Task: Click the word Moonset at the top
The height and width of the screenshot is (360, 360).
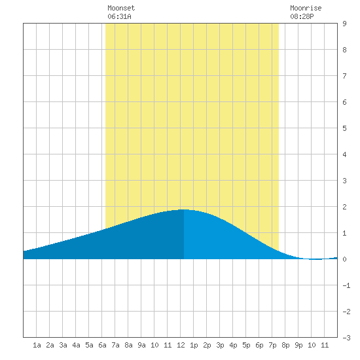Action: (x=121, y=9)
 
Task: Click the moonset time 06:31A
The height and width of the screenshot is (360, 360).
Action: (x=119, y=16)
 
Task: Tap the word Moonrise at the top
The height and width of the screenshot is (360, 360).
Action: (x=306, y=9)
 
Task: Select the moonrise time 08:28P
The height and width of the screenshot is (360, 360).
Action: (x=302, y=16)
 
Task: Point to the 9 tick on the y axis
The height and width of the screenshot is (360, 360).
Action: (x=344, y=24)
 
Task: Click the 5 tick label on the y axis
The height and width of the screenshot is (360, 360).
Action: (x=344, y=128)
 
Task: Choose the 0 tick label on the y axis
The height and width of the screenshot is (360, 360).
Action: (x=344, y=259)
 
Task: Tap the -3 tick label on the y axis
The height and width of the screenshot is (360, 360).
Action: (x=346, y=338)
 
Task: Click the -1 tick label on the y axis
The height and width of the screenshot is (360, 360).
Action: (x=346, y=285)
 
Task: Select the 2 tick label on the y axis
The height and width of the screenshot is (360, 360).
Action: (x=344, y=207)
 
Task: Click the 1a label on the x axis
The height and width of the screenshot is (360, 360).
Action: (x=37, y=345)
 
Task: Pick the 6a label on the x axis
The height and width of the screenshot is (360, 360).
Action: (x=102, y=345)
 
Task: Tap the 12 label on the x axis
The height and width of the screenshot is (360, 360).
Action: (x=181, y=345)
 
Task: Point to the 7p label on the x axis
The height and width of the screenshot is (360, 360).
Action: (x=272, y=345)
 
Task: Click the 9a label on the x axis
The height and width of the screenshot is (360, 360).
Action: (x=141, y=345)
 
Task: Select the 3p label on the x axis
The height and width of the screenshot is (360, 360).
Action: (x=220, y=345)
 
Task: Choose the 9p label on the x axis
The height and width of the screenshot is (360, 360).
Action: (x=298, y=345)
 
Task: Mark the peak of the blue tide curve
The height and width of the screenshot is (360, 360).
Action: (x=183, y=209)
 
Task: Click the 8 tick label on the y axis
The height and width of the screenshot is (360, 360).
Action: (x=344, y=50)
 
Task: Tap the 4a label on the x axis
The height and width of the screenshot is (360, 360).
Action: (x=76, y=345)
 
